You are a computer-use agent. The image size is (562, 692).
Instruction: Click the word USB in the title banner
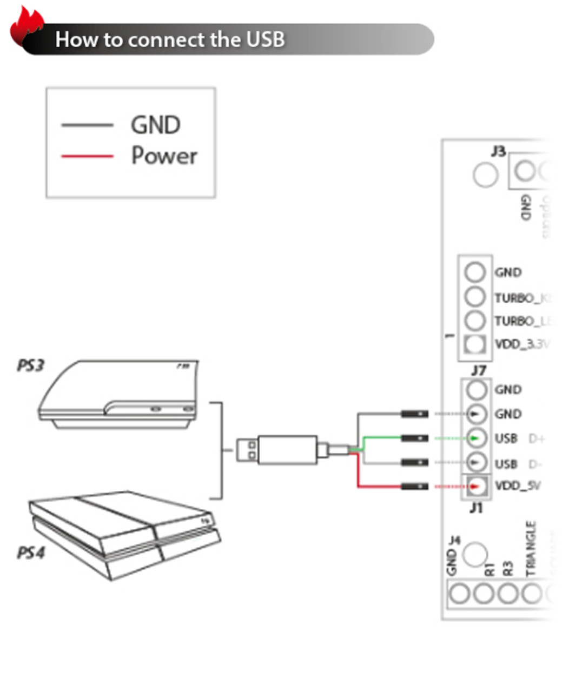point(265,39)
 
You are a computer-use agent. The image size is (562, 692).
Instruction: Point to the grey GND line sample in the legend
point(87,125)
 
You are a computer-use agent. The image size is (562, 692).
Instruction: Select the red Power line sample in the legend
point(87,157)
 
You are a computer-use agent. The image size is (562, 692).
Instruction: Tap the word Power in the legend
point(164,156)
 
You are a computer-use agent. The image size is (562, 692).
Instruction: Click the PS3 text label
point(30,366)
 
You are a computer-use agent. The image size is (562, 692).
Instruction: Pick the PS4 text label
point(30,553)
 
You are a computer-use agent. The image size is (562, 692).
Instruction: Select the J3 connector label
point(498,151)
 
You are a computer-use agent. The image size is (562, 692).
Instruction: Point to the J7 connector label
point(478,371)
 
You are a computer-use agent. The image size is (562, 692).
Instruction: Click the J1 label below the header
point(476,508)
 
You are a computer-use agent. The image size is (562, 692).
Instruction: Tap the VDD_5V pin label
point(517,485)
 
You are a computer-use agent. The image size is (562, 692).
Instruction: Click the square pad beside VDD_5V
point(476,486)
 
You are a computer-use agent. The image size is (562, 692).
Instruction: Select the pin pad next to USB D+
point(475,438)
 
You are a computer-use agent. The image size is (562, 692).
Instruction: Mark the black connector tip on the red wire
point(414,487)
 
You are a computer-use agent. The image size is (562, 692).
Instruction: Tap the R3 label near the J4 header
point(507,568)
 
